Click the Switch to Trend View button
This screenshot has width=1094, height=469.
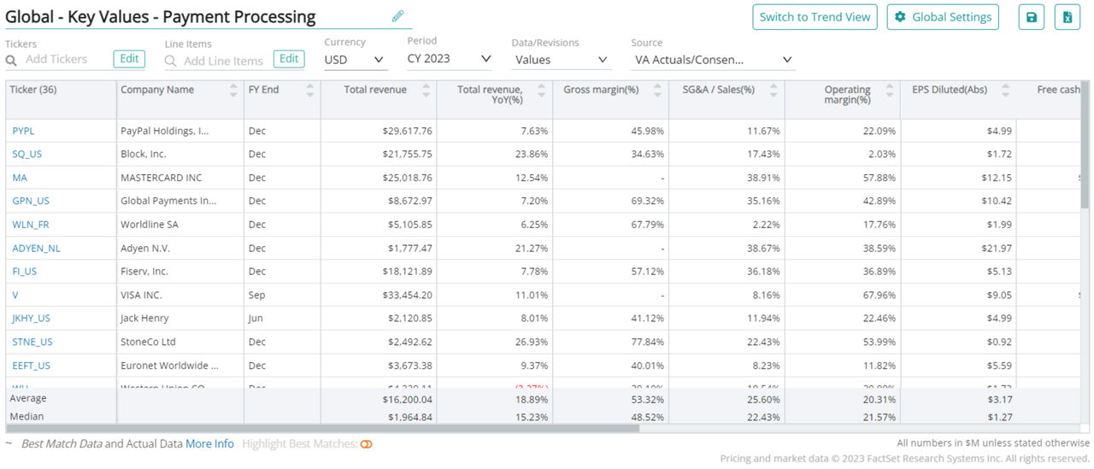(815, 17)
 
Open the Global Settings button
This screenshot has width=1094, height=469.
(943, 17)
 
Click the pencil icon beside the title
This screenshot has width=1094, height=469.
(397, 16)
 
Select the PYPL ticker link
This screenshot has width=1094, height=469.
(23, 131)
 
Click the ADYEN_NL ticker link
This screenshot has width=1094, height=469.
(36, 248)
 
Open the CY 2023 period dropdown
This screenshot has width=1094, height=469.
(450, 59)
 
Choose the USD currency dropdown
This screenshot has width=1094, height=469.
(355, 60)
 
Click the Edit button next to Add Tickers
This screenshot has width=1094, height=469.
(129, 59)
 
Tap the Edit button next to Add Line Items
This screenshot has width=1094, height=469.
(289, 59)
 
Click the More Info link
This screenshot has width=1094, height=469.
(209, 444)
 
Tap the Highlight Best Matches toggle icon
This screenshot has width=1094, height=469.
(367, 444)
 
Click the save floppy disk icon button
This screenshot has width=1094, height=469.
(1031, 17)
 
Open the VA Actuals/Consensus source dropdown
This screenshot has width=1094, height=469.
(713, 60)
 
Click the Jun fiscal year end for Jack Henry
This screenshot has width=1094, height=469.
(256, 318)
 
